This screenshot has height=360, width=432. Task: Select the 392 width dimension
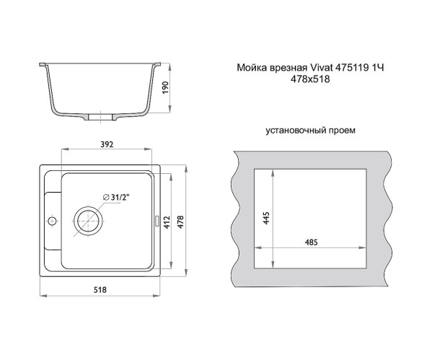tap(107, 145)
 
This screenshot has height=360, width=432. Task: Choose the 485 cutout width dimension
tap(312, 242)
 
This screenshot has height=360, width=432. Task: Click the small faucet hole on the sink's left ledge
tap(50, 220)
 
